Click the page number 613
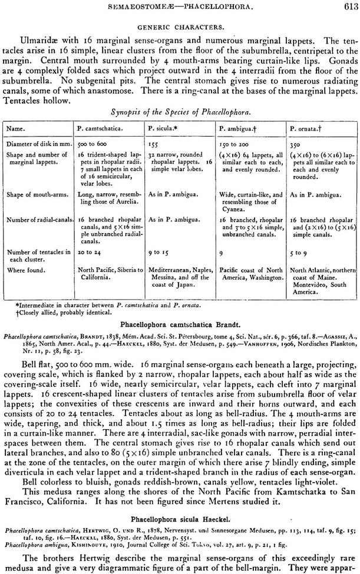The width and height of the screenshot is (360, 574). tap(348, 6)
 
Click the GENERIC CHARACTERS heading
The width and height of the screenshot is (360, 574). tap(180, 28)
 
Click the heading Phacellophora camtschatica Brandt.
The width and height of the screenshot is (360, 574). tap(180, 324)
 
